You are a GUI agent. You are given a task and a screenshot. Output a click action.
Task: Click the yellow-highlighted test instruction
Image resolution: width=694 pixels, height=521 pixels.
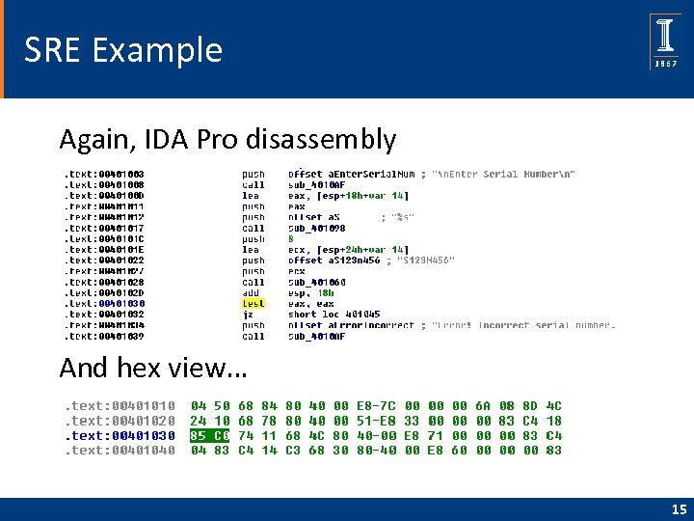(253, 304)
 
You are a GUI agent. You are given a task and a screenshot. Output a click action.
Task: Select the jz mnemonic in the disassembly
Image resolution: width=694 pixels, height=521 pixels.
(249, 315)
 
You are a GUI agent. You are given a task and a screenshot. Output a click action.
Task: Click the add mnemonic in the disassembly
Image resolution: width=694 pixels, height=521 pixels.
(251, 292)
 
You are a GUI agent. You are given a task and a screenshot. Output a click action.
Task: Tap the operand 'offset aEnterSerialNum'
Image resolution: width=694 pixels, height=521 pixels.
(351, 174)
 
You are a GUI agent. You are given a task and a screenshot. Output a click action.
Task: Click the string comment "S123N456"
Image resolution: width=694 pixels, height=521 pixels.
(425, 260)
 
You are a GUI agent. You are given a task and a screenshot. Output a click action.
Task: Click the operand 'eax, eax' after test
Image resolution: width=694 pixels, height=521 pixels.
(309, 304)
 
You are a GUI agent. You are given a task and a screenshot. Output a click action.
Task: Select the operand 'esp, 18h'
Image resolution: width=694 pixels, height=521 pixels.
(309, 292)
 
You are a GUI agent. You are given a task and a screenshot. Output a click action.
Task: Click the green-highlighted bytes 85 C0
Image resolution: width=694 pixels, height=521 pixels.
(210, 435)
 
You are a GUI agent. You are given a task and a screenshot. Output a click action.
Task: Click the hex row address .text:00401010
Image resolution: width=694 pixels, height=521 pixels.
(120, 406)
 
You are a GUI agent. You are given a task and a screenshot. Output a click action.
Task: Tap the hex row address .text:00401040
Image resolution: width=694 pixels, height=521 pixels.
(120, 450)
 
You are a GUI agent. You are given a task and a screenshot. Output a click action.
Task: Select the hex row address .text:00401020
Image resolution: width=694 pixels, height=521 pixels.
(120, 421)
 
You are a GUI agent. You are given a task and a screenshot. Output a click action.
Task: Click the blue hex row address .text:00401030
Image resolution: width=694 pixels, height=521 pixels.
(120, 435)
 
